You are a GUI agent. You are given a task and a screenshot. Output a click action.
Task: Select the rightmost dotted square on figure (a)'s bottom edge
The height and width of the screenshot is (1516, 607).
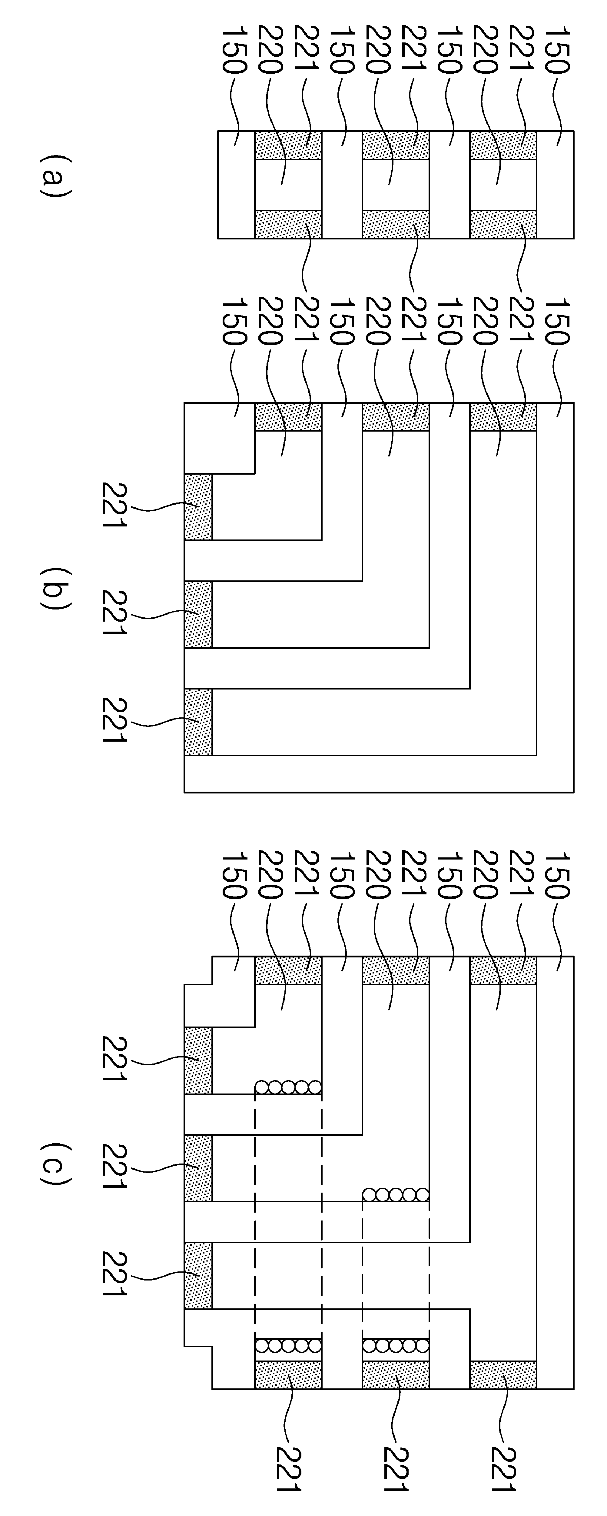pos(503,224)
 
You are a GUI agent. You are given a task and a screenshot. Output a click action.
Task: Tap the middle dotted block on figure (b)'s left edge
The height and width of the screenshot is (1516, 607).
pos(198,615)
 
